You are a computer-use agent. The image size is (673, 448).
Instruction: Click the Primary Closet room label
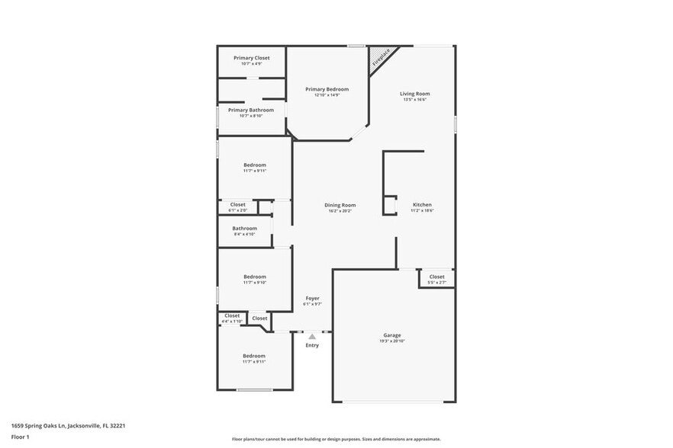tap(251, 58)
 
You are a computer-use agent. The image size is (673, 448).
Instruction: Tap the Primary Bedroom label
tap(327, 89)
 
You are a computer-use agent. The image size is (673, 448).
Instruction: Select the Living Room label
tap(415, 94)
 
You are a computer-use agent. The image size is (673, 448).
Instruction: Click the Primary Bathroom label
tap(251, 110)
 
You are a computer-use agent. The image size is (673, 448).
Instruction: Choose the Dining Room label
tap(340, 205)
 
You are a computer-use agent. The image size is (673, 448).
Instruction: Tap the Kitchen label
tap(422, 205)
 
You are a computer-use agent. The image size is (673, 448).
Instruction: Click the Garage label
tap(392, 335)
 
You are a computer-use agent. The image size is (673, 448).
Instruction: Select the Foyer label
tap(313, 298)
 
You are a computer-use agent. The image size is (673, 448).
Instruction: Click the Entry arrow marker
tap(312, 336)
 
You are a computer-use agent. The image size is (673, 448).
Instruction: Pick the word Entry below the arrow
tap(312, 345)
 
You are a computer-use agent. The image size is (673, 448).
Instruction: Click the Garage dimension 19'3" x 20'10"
tap(392, 341)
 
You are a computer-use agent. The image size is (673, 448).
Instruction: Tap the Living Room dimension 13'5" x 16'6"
tap(415, 100)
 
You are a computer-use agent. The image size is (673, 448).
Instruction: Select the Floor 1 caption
tap(21, 437)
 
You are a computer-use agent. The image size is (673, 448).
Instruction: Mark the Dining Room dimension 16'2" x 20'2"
tap(340, 211)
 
